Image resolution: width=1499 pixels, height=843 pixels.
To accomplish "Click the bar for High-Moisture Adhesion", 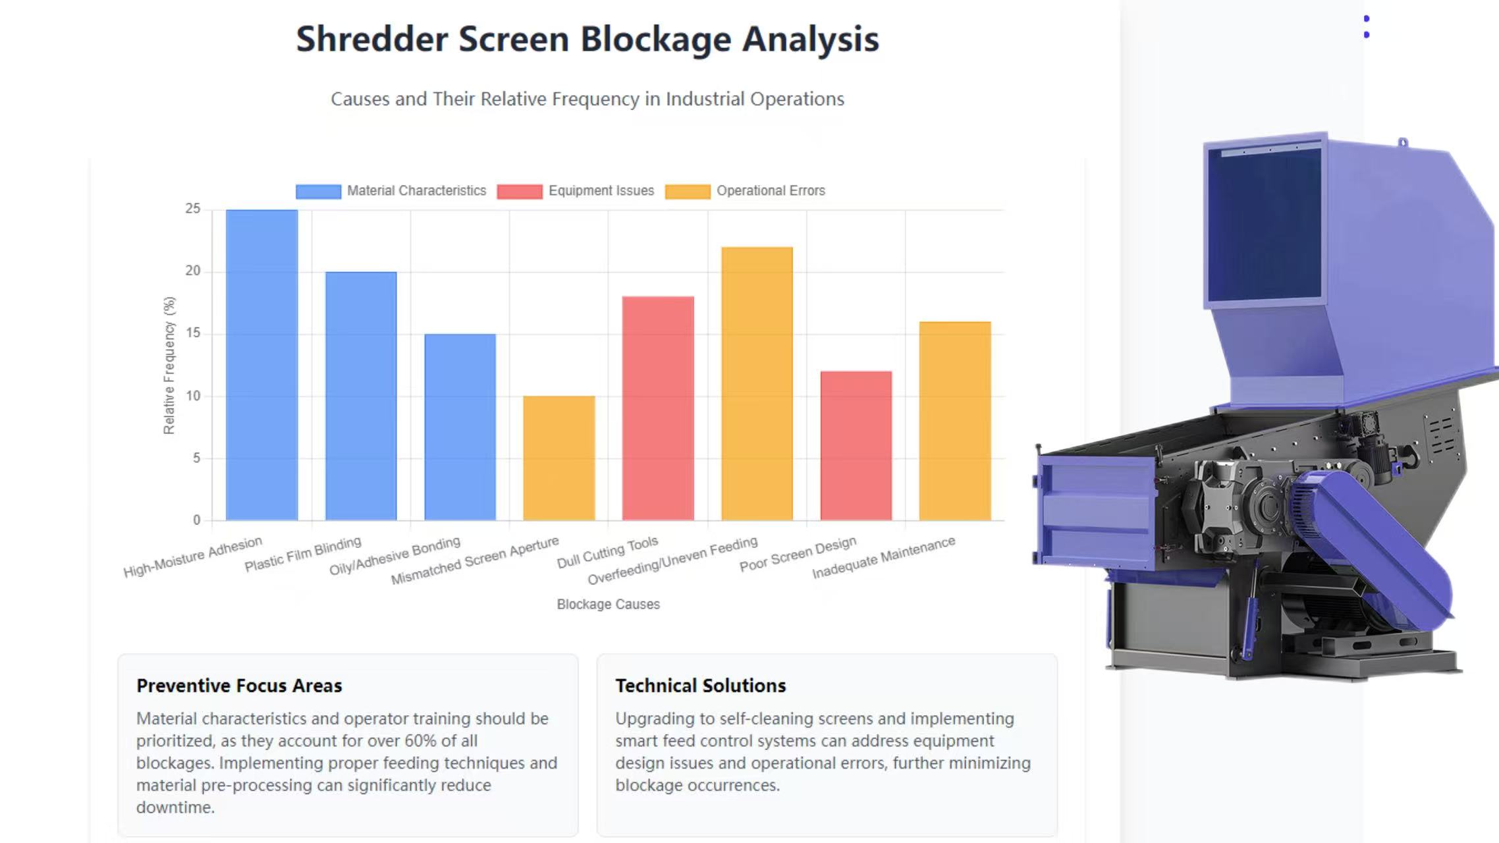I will coord(261,365).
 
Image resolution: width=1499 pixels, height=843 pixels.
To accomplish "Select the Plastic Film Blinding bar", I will coord(361,396).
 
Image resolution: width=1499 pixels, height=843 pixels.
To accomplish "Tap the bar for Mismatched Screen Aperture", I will coord(559,458).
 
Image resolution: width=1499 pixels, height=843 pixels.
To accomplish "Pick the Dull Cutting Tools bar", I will coord(658,408).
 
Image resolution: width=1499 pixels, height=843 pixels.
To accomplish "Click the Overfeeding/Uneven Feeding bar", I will coord(757,383).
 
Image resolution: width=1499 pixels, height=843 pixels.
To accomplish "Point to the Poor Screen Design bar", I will coord(856,445).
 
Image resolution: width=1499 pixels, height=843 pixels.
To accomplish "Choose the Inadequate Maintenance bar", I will coord(955,421).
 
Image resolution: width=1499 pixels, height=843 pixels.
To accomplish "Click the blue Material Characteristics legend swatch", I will coord(318,191).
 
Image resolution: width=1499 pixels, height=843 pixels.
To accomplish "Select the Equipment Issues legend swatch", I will coord(520,191).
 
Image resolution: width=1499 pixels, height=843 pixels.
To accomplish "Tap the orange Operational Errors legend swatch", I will coord(688,191).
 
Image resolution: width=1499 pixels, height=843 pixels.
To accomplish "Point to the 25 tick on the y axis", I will coord(192,209).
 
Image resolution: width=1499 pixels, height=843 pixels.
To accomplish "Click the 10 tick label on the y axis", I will coord(192,396).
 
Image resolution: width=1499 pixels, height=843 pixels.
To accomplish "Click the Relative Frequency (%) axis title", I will coord(169,365).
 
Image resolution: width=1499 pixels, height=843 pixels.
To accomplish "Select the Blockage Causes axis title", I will coord(608,604).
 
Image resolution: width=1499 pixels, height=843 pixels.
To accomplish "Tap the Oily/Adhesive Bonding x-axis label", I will coord(395,556).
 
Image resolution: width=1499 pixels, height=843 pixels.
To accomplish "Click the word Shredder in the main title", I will coord(371,39).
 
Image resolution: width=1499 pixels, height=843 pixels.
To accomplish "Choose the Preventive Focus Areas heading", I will coord(239,686).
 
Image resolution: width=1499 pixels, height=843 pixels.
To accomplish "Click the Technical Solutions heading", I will coord(700,686).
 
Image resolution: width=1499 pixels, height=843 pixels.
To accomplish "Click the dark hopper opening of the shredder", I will coord(1265,224).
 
